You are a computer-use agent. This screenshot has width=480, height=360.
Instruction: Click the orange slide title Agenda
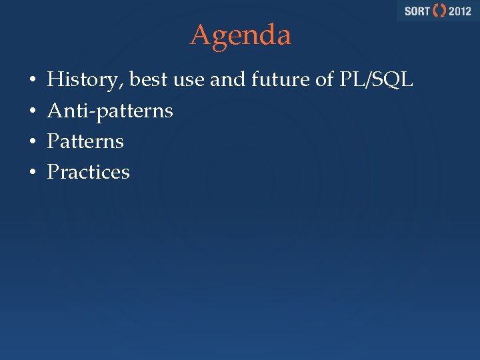[241, 35]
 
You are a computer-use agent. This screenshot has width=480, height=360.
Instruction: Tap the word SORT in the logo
[417, 11]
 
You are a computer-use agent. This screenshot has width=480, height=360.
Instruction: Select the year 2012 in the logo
[459, 11]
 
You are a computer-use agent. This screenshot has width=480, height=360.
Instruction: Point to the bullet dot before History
[32, 81]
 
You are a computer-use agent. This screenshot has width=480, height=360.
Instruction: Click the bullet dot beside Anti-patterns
[32, 111]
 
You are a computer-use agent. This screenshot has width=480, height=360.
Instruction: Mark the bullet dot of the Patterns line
[32, 142]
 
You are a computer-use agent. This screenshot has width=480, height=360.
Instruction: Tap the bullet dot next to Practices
[32, 173]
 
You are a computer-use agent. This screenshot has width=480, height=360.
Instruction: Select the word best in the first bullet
[148, 81]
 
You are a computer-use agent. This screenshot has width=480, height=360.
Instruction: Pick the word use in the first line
[188, 81]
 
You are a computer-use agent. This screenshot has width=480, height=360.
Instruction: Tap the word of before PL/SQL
[325, 81]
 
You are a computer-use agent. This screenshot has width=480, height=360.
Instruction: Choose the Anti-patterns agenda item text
[110, 111]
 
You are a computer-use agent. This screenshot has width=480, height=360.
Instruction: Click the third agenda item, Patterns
[85, 141]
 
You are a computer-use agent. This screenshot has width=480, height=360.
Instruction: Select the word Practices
[88, 172]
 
